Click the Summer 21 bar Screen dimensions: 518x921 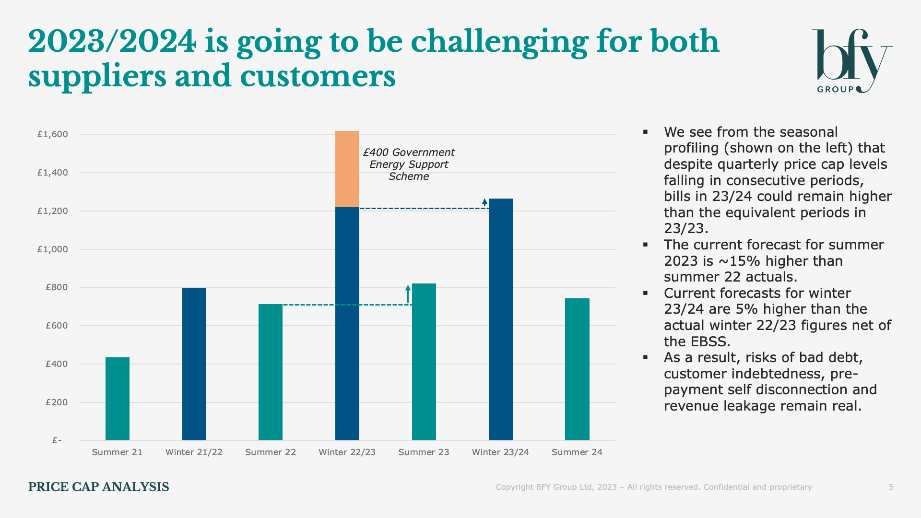pyautogui.click(x=118, y=399)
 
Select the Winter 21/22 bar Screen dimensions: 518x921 pyautogui.click(x=194, y=364)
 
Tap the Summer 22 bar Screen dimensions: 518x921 pyautogui.click(x=271, y=372)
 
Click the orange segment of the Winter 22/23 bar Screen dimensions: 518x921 pyautogui.click(x=347, y=169)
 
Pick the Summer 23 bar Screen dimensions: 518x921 pyautogui.click(x=424, y=362)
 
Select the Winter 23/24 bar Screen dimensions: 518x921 pyautogui.click(x=500, y=319)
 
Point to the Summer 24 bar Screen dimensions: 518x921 pyautogui.click(x=577, y=369)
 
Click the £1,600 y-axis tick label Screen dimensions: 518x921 pyautogui.click(x=53, y=134)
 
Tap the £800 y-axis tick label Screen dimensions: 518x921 pyautogui.click(x=57, y=288)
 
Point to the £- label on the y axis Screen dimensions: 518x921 pyautogui.click(x=57, y=440)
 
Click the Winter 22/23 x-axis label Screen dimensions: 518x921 pyautogui.click(x=347, y=452)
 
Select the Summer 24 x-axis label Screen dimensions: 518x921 pyautogui.click(x=577, y=452)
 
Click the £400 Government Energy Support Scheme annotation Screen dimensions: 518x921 pyautogui.click(x=409, y=165)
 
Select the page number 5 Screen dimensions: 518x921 pyautogui.click(x=891, y=487)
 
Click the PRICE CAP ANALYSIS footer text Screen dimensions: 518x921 pyautogui.click(x=98, y=487)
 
